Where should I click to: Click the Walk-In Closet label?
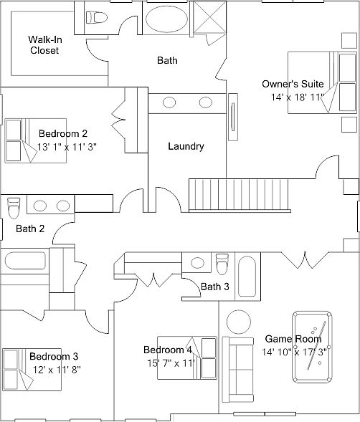click(45, 45)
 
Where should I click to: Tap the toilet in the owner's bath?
click(97, 17)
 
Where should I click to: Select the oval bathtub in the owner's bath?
click(166, 19)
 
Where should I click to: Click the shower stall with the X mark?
click(209, 17)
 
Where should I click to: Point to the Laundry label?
click(186, 146)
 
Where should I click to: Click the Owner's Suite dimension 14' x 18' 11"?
click(296, 97)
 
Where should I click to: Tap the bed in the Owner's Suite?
click(322, 82)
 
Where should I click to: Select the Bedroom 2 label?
click(63, 133)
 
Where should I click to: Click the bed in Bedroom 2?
click(36, 140)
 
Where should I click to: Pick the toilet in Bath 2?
click(14, 208)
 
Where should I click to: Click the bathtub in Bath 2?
click(25, 261)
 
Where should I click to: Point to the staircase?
click(240, 195)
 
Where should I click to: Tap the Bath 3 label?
click(215, 287)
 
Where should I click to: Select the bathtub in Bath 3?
click(247, 277)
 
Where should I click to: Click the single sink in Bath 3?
click(197, 263)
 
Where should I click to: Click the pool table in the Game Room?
click(312, 347)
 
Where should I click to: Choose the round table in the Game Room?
click(239, 322)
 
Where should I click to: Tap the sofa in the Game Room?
click(238, 370)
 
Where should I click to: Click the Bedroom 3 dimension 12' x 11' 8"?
click(57, 370)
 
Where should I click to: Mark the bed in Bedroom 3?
click(32, 370)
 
